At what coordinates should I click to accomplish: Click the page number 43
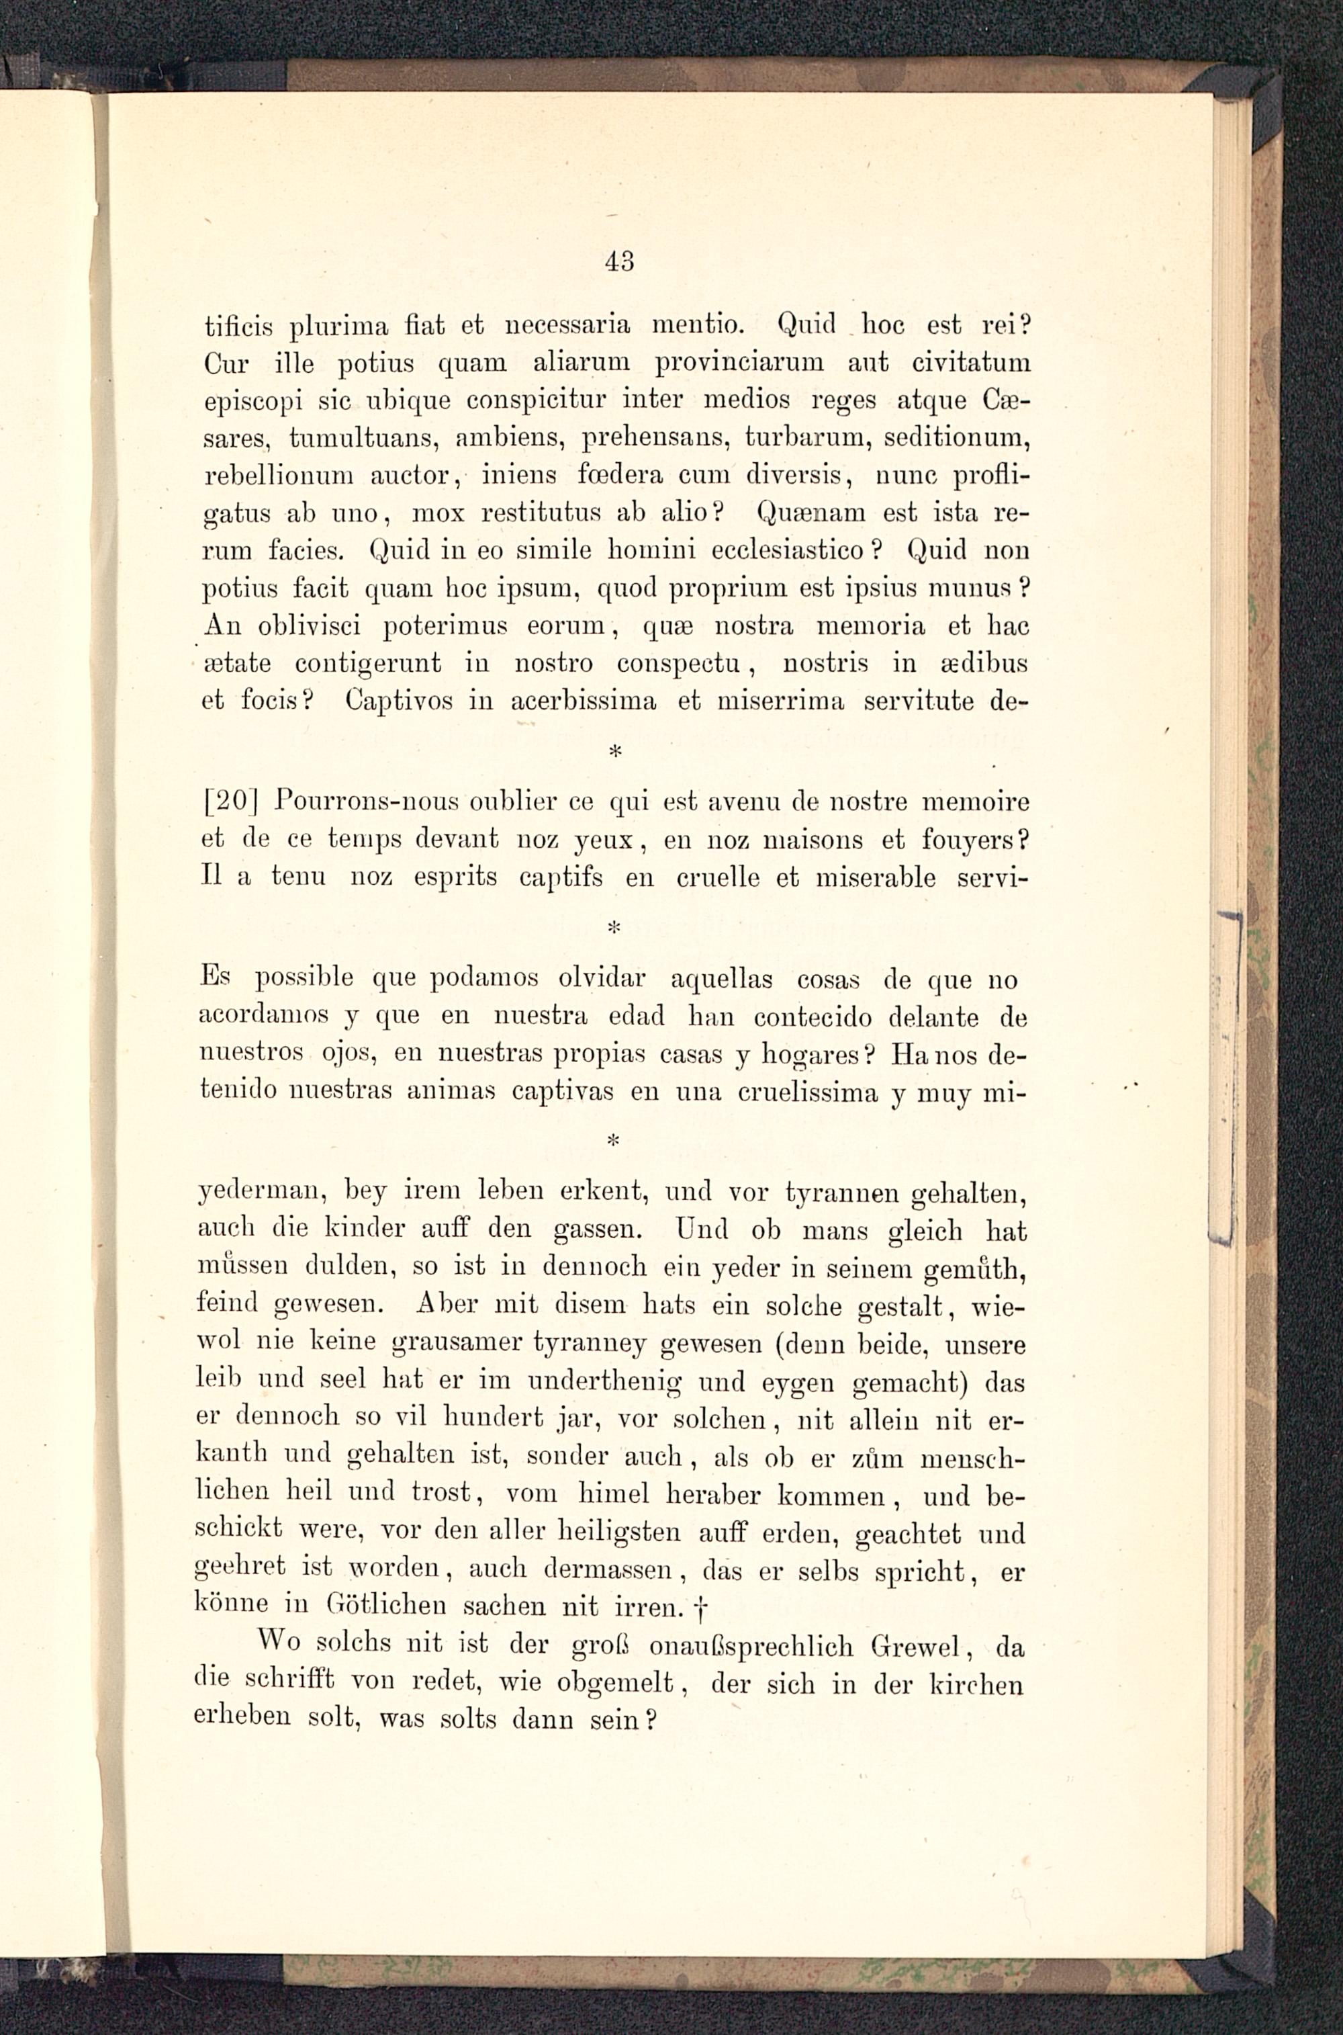[618, 261]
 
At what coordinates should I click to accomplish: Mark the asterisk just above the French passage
[612, 751]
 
